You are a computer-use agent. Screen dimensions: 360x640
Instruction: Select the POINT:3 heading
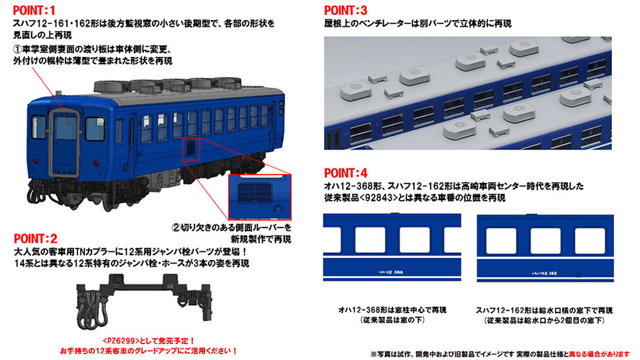coord(348,11)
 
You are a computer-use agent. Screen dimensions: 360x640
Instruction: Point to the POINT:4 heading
coord(348,174)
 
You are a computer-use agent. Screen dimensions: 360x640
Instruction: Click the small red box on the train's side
coord(191,148)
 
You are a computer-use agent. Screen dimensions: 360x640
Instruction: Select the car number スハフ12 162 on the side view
coord(548,273)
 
